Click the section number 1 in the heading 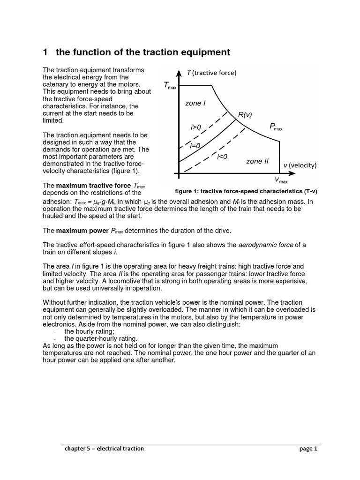[x=46, y=52]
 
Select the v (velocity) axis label [x=300, y=165]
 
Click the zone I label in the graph [x=195, y=103]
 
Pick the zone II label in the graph [x=257, y=161]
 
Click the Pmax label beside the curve [x=276, y=126]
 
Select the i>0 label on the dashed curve [x=196, y=127]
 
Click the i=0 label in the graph [x=195, y=146]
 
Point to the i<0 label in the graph [x=222, y=157]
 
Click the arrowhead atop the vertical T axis [x=180, y=72]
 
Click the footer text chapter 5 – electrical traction [x=104, y=449]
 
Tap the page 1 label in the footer [x=308, y=449]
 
